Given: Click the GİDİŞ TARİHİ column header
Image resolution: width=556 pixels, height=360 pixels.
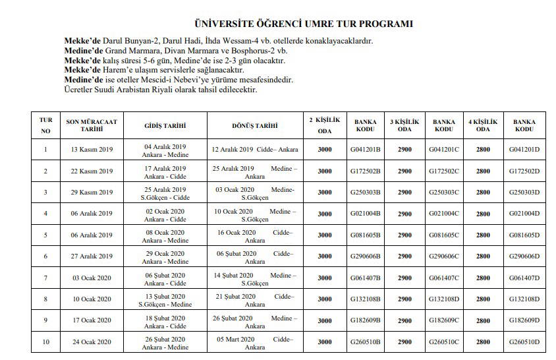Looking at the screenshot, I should point(165,125).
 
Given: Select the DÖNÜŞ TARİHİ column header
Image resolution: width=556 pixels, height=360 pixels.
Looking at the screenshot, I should point(254,125).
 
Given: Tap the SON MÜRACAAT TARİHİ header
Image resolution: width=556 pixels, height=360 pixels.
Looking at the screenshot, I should point(92,125).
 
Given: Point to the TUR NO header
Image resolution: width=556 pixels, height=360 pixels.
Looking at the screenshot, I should point(45,125).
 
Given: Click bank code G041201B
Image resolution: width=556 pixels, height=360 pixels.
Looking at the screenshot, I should point(366,150).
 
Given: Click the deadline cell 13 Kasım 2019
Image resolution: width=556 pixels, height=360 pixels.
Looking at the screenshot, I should point(92,150).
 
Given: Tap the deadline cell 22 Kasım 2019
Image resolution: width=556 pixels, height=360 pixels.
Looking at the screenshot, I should point(92,171).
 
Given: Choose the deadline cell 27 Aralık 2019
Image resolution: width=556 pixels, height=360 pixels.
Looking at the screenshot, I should point(92,256).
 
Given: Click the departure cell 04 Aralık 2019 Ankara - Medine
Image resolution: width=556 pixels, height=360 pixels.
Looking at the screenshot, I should point(165,150).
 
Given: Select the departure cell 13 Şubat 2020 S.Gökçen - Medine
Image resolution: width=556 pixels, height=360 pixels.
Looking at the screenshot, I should point(165,299).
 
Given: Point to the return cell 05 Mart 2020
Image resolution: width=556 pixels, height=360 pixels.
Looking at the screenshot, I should point(254,342).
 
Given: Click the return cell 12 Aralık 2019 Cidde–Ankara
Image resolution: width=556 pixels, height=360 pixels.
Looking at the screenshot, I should point(254,150).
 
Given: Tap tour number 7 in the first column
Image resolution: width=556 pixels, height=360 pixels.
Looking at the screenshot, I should point(45,278).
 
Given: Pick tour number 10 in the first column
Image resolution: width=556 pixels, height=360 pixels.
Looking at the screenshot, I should point(45,342).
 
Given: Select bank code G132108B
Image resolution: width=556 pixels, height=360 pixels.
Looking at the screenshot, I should point(366,299).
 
